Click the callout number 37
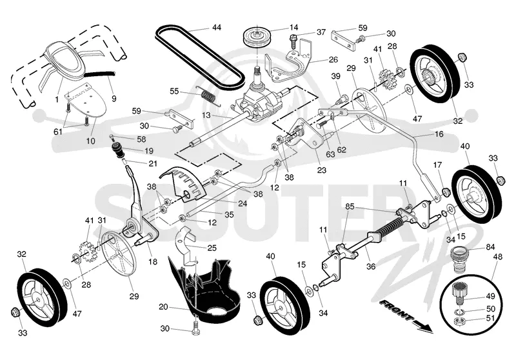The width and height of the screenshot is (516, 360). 321,32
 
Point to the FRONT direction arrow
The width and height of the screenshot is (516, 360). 406,315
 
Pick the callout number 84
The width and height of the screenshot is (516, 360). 490,247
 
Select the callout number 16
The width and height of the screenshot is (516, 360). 439,134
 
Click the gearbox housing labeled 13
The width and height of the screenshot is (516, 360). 260,101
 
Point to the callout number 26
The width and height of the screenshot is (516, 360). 333,59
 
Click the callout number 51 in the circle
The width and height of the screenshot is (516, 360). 490,318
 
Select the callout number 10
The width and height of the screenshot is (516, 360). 90,141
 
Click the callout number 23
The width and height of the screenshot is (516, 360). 321,170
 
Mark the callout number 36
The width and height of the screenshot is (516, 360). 371,266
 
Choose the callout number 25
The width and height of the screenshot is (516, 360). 212,248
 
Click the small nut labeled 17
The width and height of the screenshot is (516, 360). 445,192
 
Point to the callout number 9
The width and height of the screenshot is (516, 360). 114,98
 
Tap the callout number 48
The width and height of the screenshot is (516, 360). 498,256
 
